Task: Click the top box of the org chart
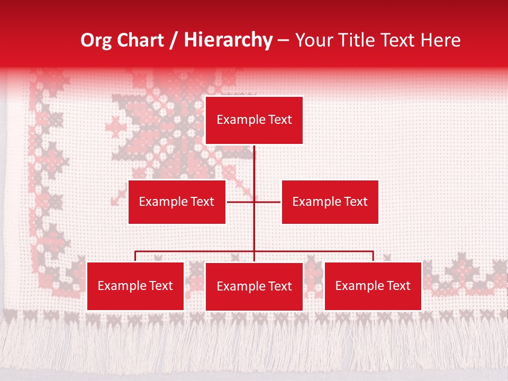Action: pos(254,120)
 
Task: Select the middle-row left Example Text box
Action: pos(177,202)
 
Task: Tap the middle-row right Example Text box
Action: pos(330,202)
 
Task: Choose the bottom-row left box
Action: pos(135,286)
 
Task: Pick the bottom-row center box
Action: pos(254,286)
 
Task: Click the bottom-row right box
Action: pos(373,286)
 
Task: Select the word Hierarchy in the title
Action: pos(228,41)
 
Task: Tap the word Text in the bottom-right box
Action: pos(398,286)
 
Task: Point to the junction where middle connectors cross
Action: pos(254,202)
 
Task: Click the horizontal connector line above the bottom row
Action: pos(196,251)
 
